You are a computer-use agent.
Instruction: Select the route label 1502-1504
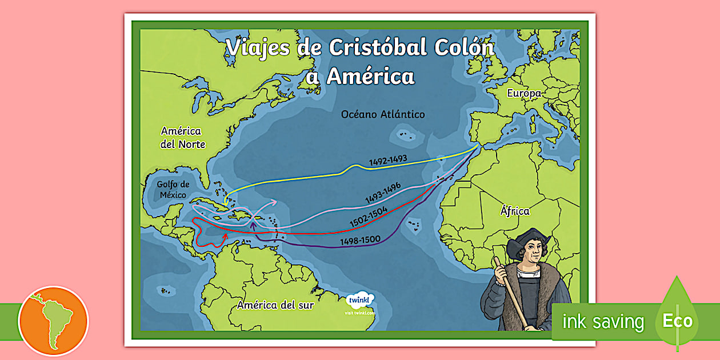[x=369, y=218]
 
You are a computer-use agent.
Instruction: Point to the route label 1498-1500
[x=360, y=241]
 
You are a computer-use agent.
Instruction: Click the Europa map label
[x=523, y=94]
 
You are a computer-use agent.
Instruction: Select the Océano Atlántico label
[x=383, y=114]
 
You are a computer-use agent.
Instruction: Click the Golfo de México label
[x=173, y=189]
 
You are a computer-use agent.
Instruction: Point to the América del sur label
[x=275, y=305]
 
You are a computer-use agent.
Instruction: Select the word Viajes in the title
[x=258, y=48]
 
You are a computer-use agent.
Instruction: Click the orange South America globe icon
[x=53, y=321]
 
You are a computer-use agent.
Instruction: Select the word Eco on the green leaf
[x=677, y=321]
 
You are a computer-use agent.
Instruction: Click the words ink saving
[x=603, y=322]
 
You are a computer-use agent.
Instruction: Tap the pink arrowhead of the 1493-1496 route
[x=276, y=201]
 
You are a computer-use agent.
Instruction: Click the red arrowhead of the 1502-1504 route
[x=225, y=235]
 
